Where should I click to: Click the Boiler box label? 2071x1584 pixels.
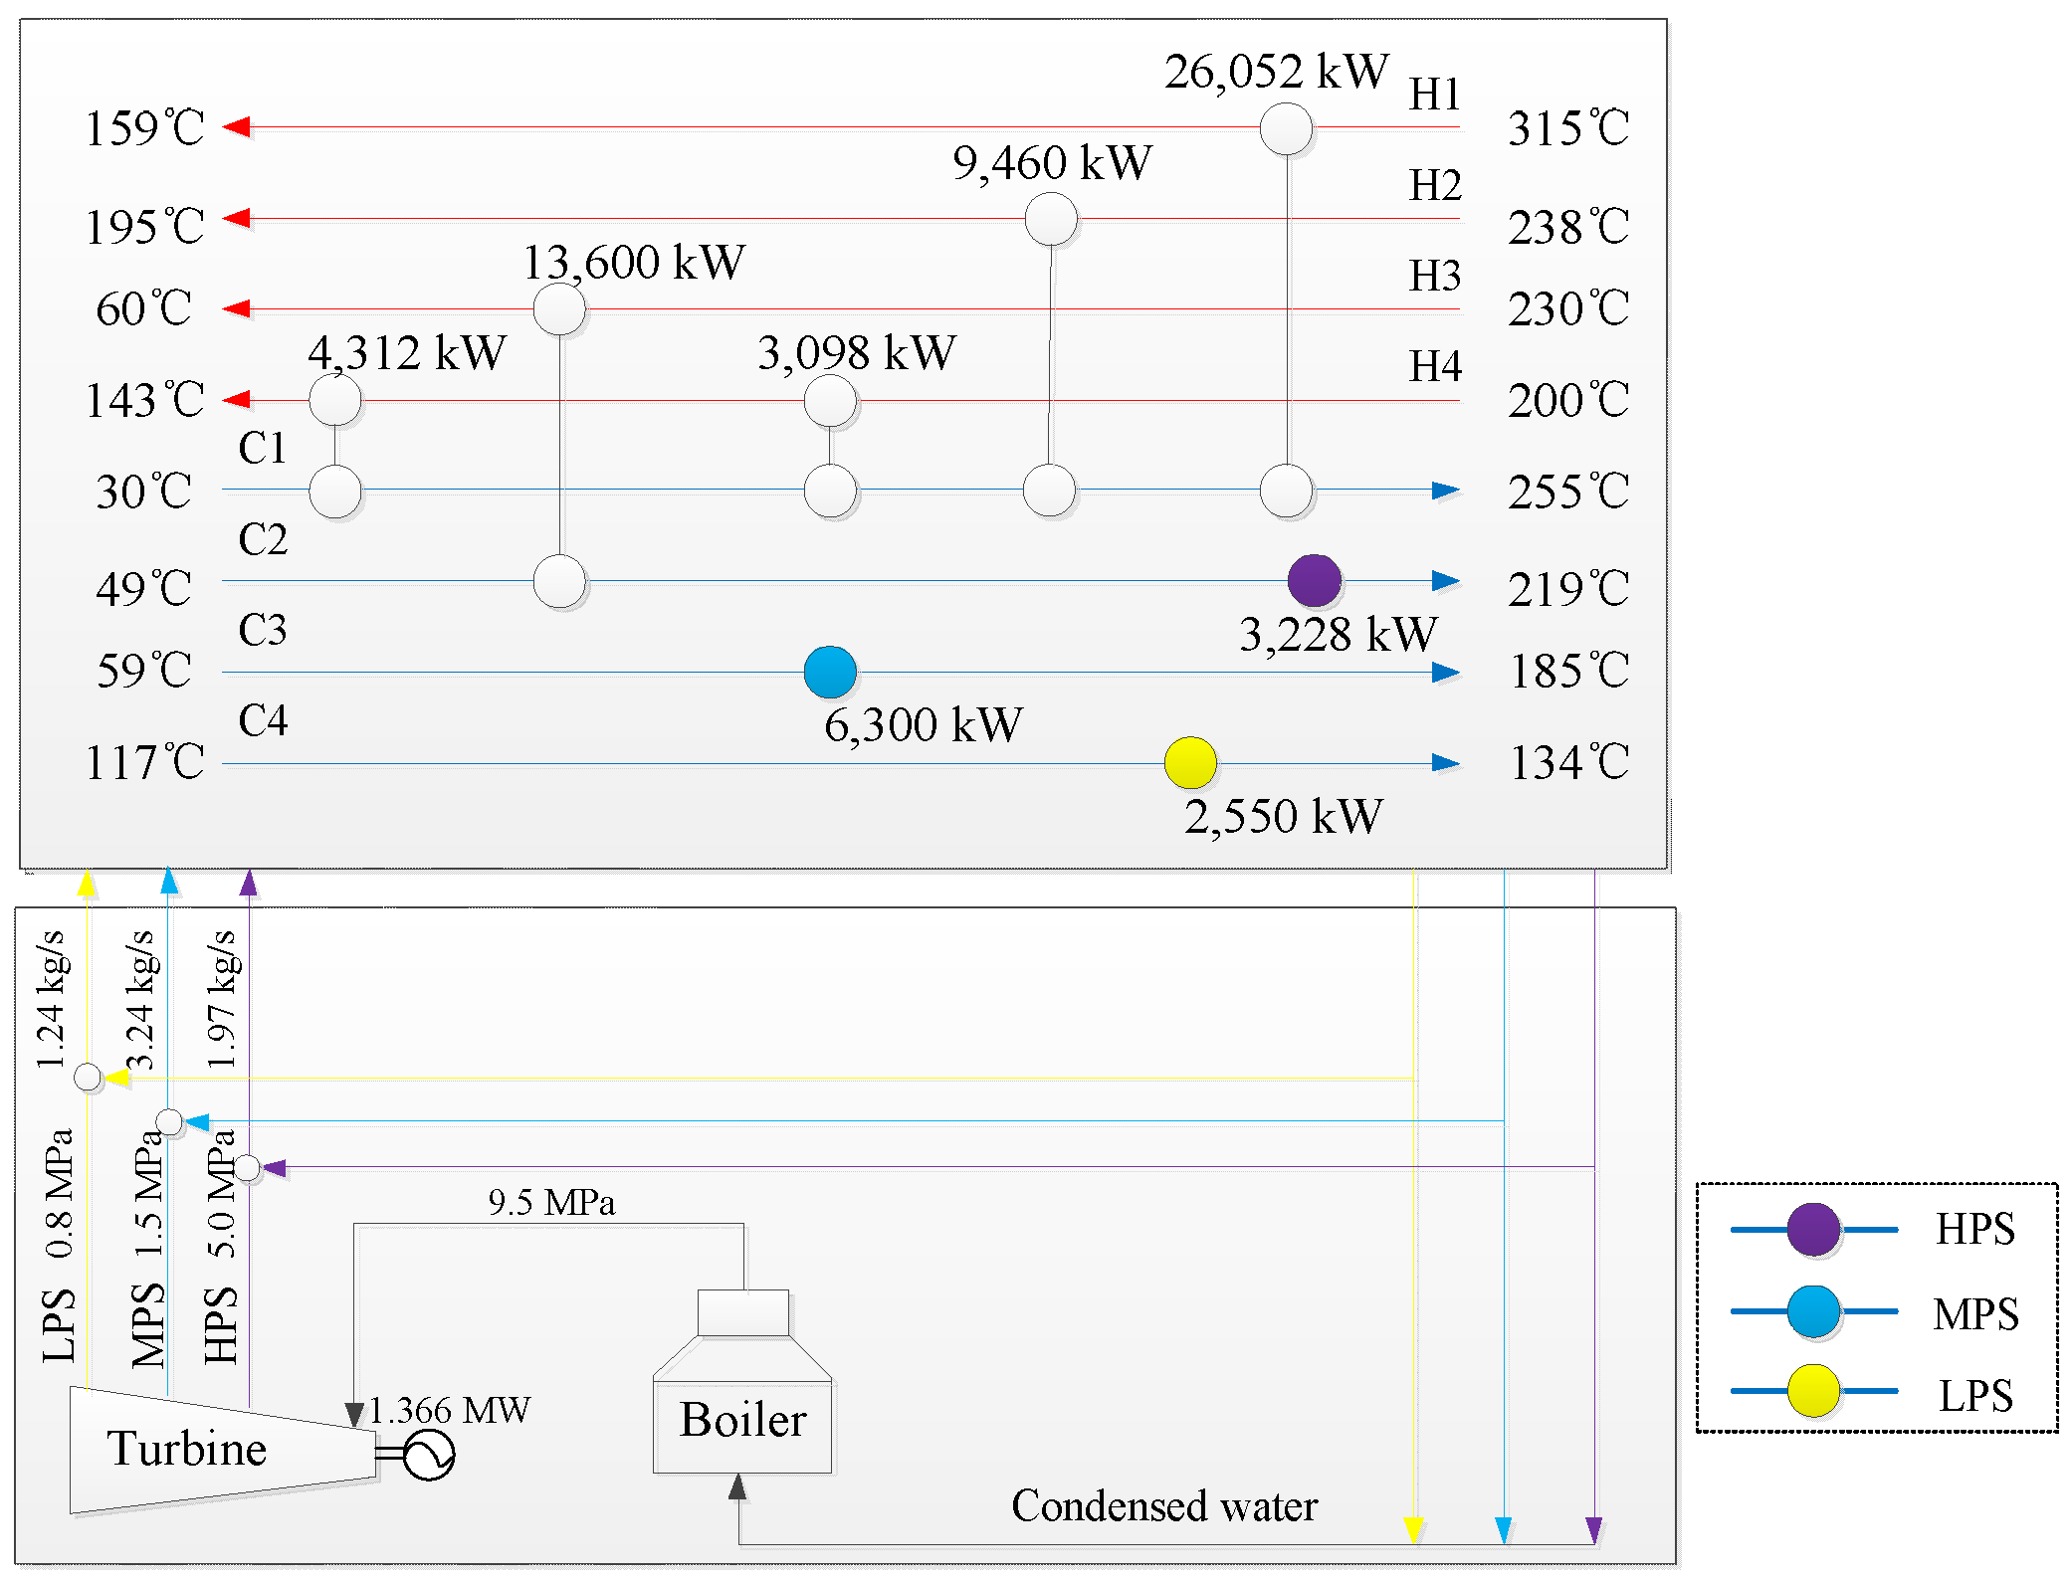[x=742, y=1420]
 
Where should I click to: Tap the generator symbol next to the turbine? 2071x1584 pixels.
[x=429, y=1456]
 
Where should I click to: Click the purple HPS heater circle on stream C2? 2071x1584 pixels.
[x=1314, y=581]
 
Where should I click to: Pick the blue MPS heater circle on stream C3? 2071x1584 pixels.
[x=830, y=672]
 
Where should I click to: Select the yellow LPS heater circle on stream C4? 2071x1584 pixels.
[x=1190, y=763]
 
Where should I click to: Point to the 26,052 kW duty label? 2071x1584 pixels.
[x=1276, y=72]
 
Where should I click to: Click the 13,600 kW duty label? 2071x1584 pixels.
[x=633, y=263]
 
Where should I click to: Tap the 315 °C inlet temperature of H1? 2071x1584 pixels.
[x=1567, y=128]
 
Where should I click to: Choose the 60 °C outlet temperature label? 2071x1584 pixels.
[x=144, y=309]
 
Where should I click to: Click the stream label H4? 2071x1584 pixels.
[x=1434, y=366]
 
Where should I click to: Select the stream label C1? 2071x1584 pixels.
[x=263, y=448]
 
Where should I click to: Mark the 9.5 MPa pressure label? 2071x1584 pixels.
[x=551, y=1203]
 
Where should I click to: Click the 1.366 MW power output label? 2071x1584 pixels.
[x=450, y=1410]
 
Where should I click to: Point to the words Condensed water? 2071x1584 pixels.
[x=1164, y=1506]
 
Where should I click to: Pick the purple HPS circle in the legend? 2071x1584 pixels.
[x=1813, y=1230]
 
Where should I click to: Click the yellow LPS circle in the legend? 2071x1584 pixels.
[x=1813, y=1391]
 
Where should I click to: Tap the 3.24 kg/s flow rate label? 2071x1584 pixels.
[x=140, y=1000]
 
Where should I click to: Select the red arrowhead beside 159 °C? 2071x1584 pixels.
[x=237, y=127]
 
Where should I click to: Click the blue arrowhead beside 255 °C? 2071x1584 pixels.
[x=1445, y=491]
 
